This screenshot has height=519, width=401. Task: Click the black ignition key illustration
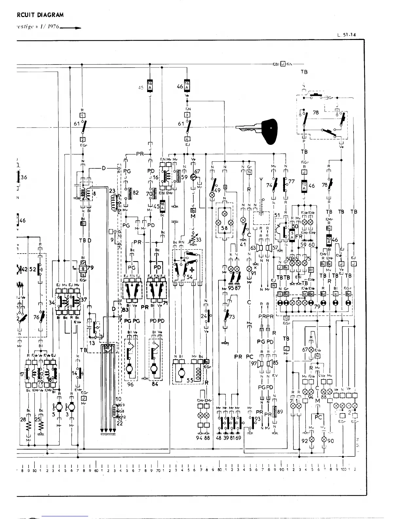tap(262, 130)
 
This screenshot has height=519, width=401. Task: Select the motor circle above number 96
tap(130, 369)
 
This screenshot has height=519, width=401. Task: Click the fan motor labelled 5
tap(59, 407)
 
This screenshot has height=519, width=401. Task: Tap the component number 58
tap(224, 228)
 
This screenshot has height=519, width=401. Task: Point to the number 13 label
tap(92, 343)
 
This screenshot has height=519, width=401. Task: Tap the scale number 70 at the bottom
tap(157, 471)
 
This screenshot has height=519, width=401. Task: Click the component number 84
tap(155, 384)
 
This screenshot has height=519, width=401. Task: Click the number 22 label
tap(120, 423)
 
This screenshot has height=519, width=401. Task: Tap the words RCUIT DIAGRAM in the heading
tap(40, 15)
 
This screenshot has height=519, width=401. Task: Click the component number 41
tap(243, 244)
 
